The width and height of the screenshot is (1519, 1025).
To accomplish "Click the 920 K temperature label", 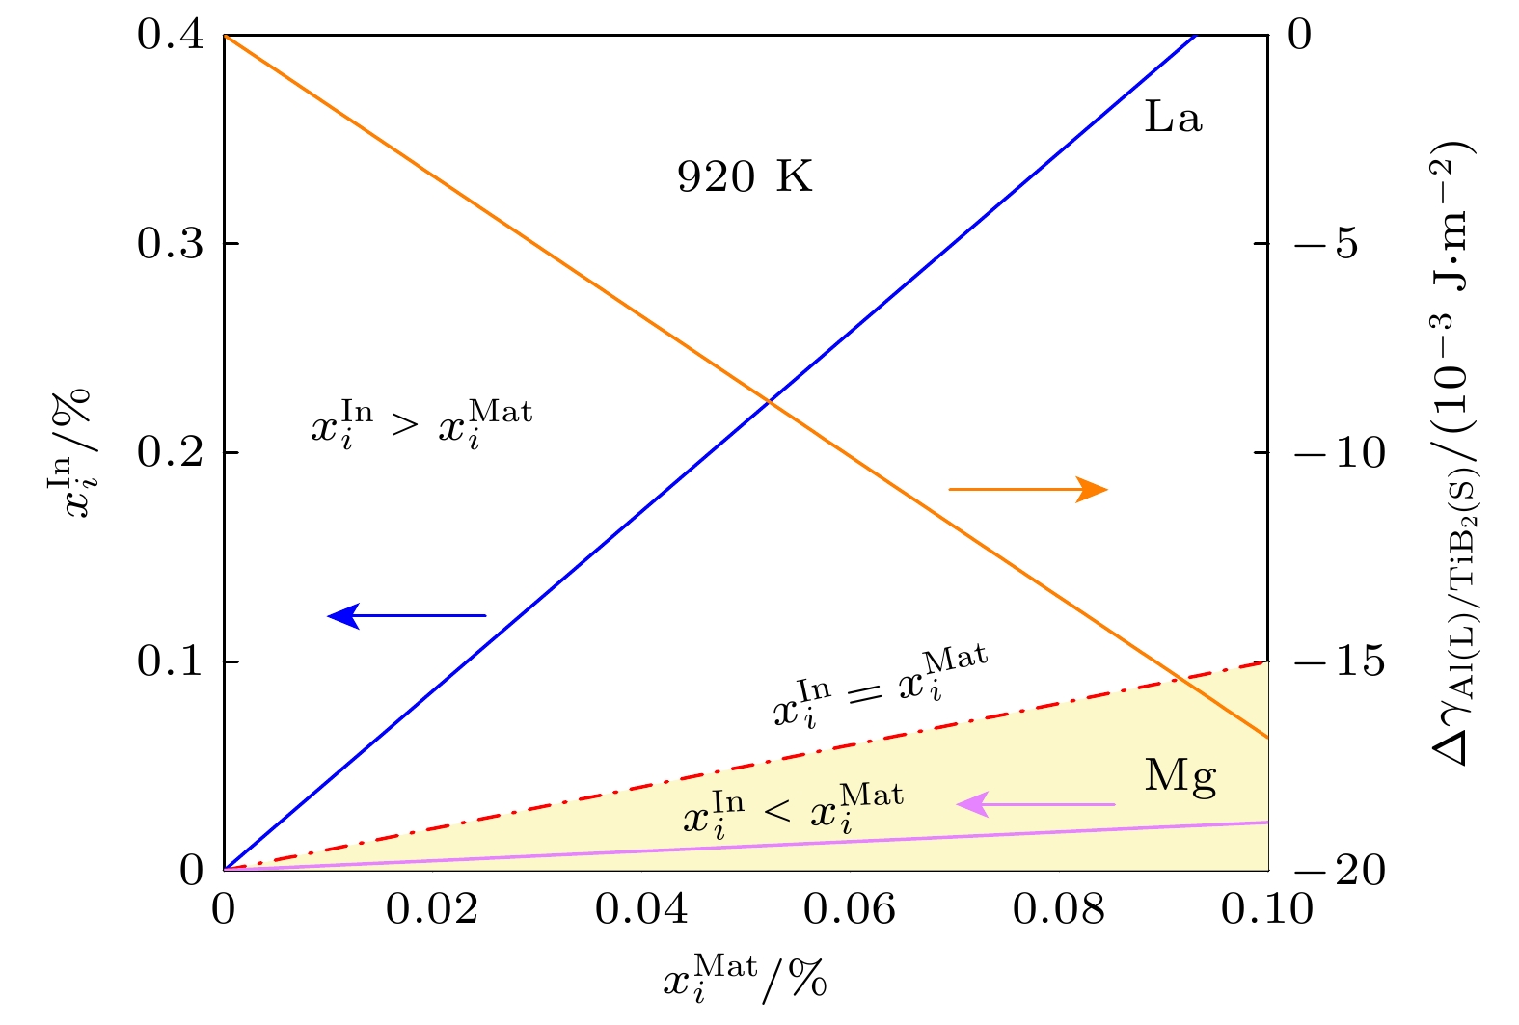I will point(745,177).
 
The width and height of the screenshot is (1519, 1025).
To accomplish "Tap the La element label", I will point(1173,118).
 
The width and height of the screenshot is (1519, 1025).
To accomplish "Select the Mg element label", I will point(1180,777).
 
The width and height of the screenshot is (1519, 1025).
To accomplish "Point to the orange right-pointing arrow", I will point(1028,490).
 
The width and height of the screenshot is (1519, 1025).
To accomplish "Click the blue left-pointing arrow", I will point(407,615).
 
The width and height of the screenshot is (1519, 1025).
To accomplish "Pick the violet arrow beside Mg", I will point(1035,804).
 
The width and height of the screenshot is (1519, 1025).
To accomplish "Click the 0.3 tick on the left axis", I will point(170,244).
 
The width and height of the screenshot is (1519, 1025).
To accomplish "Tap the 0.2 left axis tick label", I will point(170,453).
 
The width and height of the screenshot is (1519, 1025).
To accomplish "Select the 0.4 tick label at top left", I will point(170,36).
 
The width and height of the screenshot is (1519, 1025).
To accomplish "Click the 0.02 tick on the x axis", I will point(432,909).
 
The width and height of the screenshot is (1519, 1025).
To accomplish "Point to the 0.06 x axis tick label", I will point(850,909).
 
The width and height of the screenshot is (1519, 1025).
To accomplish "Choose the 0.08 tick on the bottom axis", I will point(1059,909).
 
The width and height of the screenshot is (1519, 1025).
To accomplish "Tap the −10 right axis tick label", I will point(1339,453).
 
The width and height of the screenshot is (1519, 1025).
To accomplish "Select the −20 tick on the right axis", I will point(1339,872).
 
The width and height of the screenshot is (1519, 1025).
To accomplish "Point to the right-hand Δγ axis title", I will point(1456,453).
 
